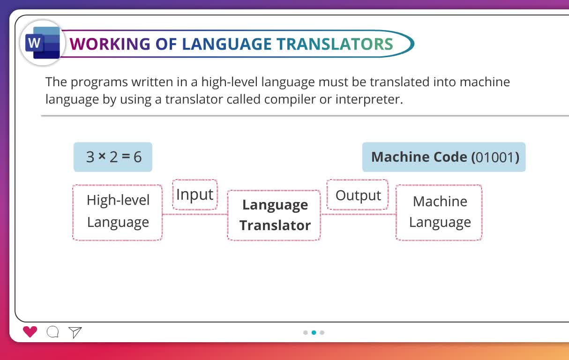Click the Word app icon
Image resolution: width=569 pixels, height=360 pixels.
point(43,43)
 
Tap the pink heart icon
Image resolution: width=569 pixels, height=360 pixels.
point(30,331)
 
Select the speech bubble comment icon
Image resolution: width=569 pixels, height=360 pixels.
point(53,332)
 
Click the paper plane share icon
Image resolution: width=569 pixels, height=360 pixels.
point(75,332)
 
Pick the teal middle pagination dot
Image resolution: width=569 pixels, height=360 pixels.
point(314,332)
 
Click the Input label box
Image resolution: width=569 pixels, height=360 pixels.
point(195,195)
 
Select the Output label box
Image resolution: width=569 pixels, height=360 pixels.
point(358,195)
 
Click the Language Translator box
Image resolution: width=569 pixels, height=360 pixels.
point(274,215)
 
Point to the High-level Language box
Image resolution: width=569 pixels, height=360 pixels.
point(118,212)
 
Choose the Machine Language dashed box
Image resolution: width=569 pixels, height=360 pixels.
point(439,212)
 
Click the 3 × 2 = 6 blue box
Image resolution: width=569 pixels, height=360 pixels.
point(113,157)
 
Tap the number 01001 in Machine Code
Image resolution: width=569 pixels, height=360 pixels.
point(495,157)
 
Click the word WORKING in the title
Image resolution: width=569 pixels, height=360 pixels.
point(110,44)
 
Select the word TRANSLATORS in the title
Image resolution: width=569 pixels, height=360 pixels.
point(335,44)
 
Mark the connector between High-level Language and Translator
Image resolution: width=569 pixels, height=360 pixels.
point(195,214)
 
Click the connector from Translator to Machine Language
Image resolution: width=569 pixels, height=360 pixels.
point(359,214)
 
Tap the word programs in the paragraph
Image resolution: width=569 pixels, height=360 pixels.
point(99,82)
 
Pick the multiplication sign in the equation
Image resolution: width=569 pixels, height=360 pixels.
point(102,156)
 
